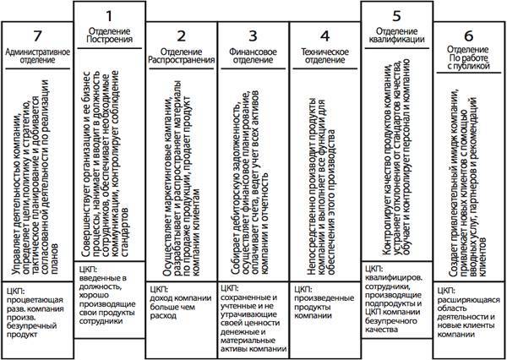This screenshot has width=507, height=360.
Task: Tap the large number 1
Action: click(108, 16)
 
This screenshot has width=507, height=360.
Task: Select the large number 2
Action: click(180, 36)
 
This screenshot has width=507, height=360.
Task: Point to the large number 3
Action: click(251, 36)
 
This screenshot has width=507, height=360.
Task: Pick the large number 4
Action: click(324, 36)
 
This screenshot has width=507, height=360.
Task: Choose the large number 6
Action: click(468, 36)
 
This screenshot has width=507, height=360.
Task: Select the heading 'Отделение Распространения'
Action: click(180, 57)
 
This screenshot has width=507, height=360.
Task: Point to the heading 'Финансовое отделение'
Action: click(251, 57)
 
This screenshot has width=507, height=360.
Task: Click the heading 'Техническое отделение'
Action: click(324, 57)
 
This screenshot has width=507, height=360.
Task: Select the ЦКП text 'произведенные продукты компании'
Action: click(324, 303)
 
